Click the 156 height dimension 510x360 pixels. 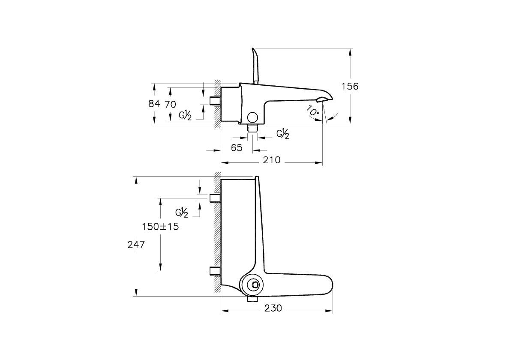coord(349,86)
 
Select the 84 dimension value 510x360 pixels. coord(155,104)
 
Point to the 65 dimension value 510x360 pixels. coord(237,148)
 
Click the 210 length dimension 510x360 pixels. coord(272,160)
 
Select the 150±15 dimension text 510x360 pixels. coord(160,227)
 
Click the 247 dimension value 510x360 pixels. coord(136,245)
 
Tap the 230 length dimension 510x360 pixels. coord(273,308)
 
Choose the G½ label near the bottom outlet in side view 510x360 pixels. coord(282,134)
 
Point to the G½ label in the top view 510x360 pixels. coord(182,213)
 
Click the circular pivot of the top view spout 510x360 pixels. coord(255,285)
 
